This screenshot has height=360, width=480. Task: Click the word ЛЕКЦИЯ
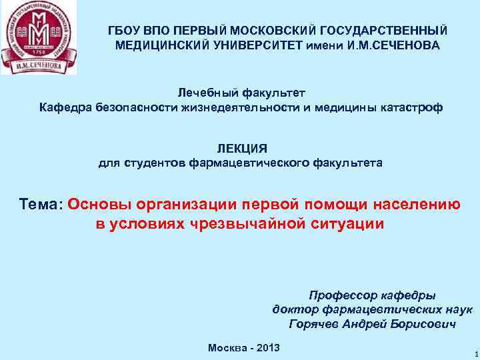click(x=241, y=149)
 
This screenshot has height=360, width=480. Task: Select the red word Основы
click(x=99, y=204)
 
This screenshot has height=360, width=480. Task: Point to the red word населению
click(x=411, y=204)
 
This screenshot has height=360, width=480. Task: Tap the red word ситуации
click(x=347, y=223)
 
